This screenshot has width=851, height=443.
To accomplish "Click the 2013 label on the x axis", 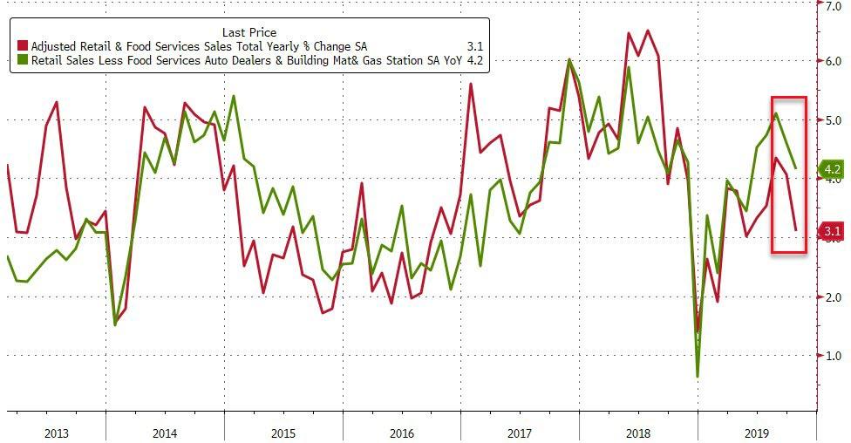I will click(56, 431).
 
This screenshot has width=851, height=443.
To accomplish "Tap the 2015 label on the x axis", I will click(283, 431).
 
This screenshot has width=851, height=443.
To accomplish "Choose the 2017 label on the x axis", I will click(519, 431).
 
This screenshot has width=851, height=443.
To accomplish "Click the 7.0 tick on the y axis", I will click(833, 5).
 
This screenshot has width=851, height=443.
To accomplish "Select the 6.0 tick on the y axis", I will click(833, 61).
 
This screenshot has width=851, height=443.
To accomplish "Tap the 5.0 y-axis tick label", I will click(833, 120).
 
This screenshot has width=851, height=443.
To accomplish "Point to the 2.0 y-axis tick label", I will click(833, 297).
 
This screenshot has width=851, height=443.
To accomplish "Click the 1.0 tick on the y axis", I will click(833, 356).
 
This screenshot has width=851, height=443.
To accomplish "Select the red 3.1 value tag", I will click(831, 231).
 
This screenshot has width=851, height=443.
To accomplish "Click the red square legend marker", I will click(23, 44).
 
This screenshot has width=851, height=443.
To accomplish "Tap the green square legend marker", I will click(23, 61).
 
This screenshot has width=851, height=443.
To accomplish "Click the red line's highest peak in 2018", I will click(648, 31).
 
